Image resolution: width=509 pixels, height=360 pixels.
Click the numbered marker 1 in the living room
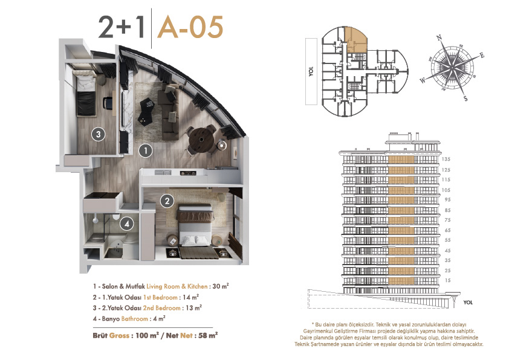(146, 151)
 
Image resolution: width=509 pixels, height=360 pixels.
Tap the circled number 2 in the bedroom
(167, 201)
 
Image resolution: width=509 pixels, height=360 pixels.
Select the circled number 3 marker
(99, 134)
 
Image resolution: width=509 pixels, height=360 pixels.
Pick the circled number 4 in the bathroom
(127, 223)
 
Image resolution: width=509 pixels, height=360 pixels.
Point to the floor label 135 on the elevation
(446, 159)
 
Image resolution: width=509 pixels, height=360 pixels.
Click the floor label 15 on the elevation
(448, 280)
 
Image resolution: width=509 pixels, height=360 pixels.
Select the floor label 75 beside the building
(448, 220)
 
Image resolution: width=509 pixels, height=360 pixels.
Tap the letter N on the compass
(439, 37)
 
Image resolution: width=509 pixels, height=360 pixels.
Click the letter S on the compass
(465, 98)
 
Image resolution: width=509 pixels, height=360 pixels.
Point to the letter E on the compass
(482, 56)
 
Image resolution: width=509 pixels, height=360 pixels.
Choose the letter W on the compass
(423, 80)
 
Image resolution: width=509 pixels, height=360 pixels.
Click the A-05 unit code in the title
(190, 27)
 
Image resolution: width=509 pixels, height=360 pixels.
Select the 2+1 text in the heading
(122, 27)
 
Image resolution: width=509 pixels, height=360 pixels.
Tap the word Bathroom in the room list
(134, 319)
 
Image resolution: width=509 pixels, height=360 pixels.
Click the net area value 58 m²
(208, 335)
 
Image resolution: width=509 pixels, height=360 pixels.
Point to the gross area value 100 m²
(147, 335)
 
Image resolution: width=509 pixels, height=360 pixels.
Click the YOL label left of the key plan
(311, 71)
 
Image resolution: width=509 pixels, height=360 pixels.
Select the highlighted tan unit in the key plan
(355, 40)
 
